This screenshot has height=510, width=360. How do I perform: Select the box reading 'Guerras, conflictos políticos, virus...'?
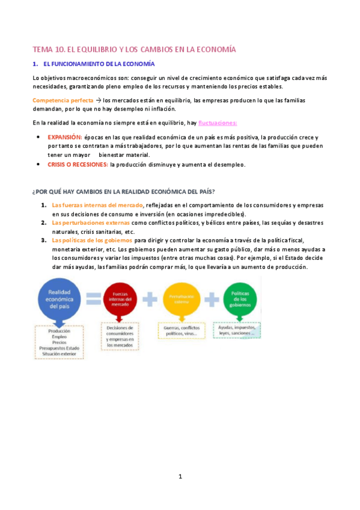coord(180,330)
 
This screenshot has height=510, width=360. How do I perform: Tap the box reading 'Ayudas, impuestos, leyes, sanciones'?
coord(236,330)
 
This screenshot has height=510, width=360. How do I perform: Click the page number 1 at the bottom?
coord(180,477)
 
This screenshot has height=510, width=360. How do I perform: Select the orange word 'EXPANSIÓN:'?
coord(64,137)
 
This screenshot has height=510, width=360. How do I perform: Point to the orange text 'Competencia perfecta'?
coord(63,100)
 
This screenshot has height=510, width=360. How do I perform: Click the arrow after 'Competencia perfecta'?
coord(99,100)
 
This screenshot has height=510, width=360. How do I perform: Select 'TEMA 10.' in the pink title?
coord(46,49)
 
